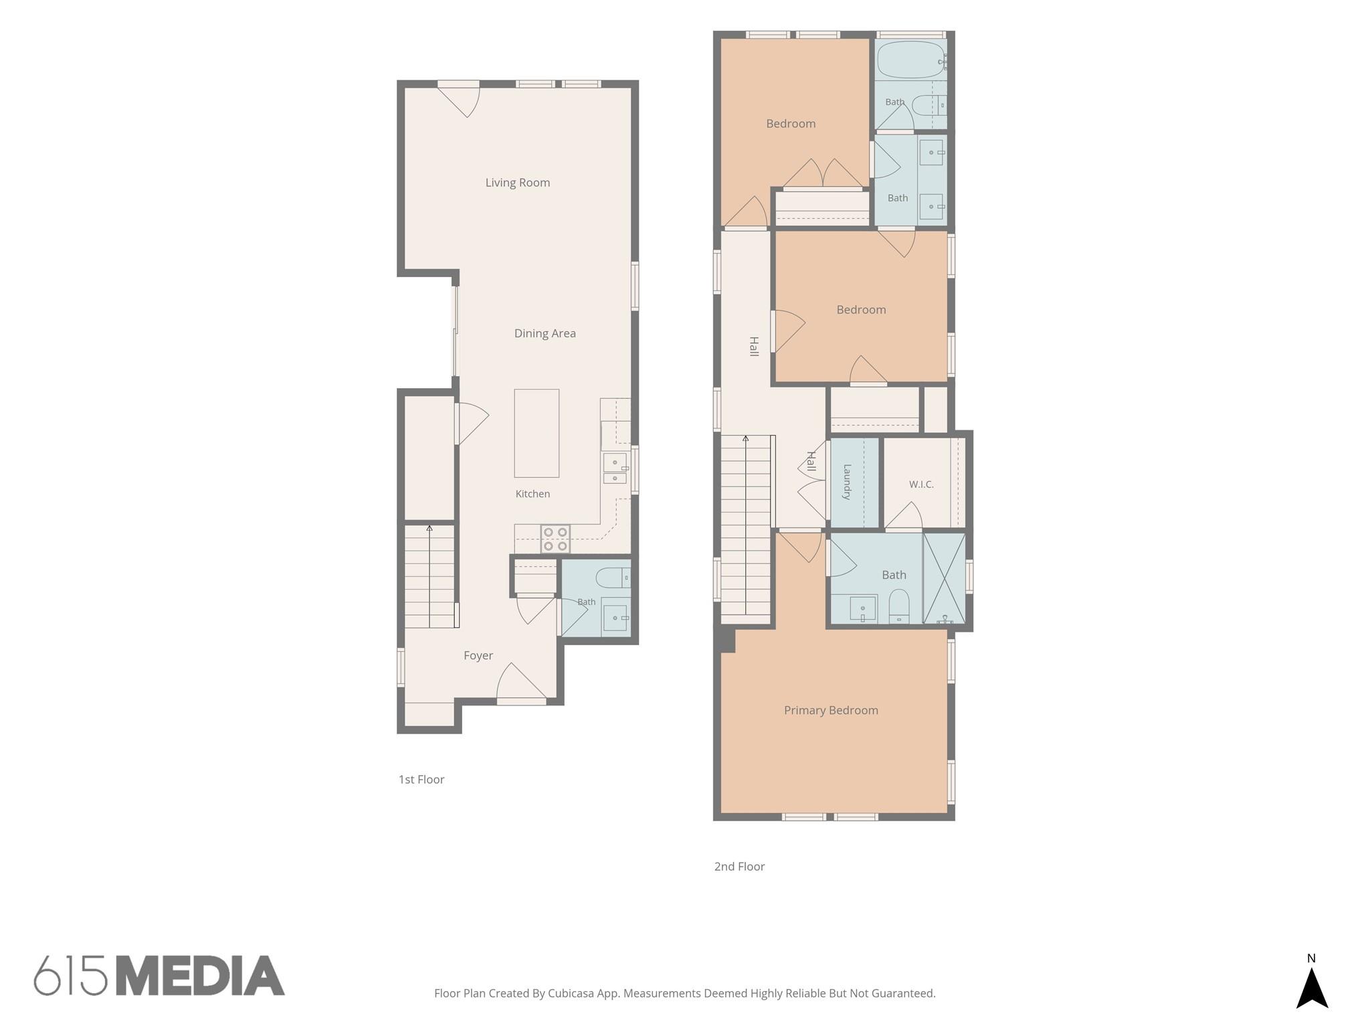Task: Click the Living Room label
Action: (x=518, y=183)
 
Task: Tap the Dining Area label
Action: (x=545, y=333)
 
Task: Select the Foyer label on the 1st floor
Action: (x=478, y=656)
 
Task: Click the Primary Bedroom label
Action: (x=831, y=710)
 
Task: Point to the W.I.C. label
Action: (x=921, y=485)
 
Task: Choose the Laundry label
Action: (x=847, y=482)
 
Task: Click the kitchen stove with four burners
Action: (x=555, y=539)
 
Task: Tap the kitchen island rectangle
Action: (x=536, y=433)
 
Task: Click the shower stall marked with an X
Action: (x=944, y=578)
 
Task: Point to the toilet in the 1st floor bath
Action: (x=612, y=577)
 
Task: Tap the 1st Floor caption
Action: (x=421, y=779)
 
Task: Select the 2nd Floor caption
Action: (x=739, y=866)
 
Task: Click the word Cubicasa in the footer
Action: (x=571, y=993)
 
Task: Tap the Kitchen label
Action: (x=532, y=494)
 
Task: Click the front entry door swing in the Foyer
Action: (x=521, y=683)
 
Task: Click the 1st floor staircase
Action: (x=429, y=576)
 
